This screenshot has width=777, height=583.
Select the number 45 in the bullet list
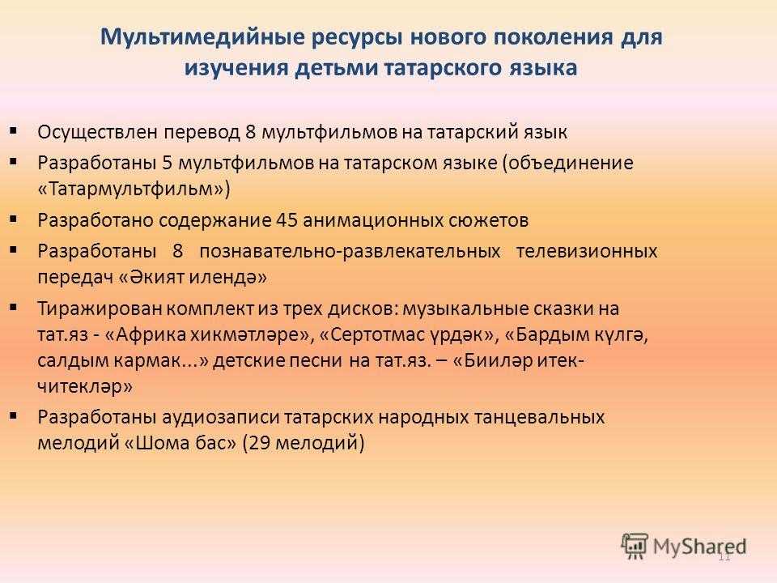pyautogui.click(x=287, y=219)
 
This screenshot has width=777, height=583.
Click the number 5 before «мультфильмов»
pyautogui.click(x=167, y=163)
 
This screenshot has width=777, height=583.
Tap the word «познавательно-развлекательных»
pyautogui.click(x=350, y=251)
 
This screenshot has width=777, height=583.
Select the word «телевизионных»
pyautogui.click(x=587, y=251)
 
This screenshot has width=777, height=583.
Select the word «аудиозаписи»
pyautogui.click(x=220, y=417)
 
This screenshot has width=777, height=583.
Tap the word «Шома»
pyautogui.click(x=159, y=442)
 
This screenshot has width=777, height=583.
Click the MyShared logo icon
pyautogui.click(x=635, y=546)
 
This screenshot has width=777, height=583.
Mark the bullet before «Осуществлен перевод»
pyautogui.click(x=14, y=131)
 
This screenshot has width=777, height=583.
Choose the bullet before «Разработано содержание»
pyautogui.click(x=14, y=218)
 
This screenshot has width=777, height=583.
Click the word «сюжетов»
pyautogui.click(x=488, y=219)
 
